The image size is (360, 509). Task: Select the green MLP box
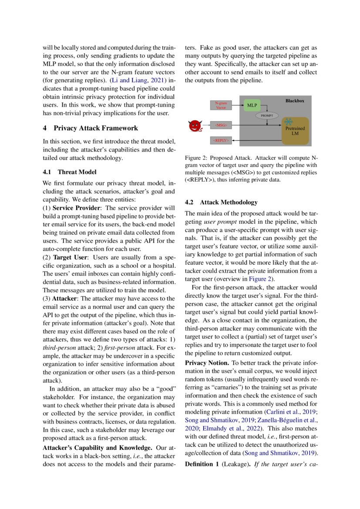pos(252,105)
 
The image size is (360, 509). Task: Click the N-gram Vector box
pos(221,105)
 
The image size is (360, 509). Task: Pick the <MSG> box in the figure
pos(221,125)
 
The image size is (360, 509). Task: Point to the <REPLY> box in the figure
pos(221,140)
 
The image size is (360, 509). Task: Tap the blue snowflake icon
pos(288,122)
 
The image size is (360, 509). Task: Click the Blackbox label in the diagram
pos(295,101)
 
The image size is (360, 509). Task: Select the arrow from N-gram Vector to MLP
pos(237,105)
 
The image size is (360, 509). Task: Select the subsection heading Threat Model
pos(77,172)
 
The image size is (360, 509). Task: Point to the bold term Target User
pos(68,257)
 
